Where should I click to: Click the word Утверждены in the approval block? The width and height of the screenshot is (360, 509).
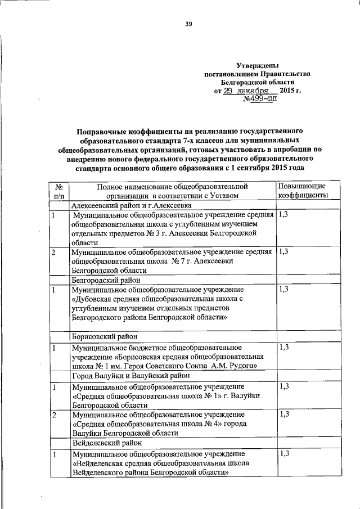(x=256, y=66)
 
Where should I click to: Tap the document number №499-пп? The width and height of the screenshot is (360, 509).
(x=260, y=99)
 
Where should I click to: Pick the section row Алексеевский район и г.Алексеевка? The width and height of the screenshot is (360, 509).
(x=132, y=206)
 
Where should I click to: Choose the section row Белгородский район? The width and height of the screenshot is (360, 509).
(x=106, y=279)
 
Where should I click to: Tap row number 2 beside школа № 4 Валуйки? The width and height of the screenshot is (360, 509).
(x=53, y=414)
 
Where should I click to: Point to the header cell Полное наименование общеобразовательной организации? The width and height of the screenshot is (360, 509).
(x=172, y=190)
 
